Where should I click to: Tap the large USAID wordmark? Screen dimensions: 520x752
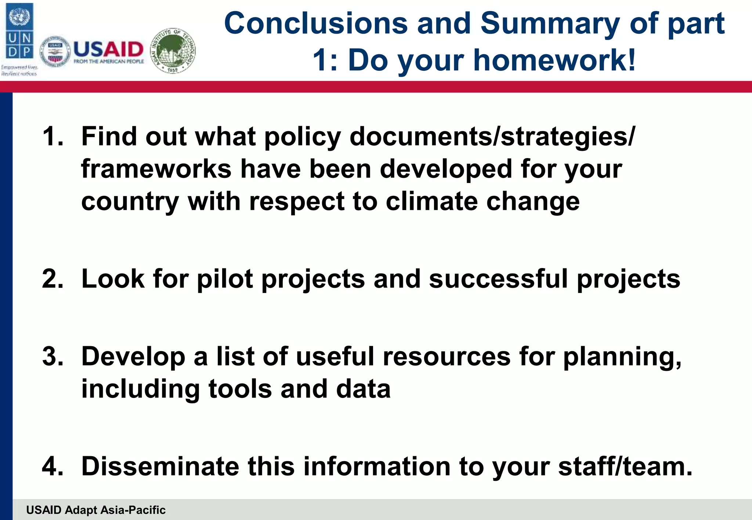[109, 50]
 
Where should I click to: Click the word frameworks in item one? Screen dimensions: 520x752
[156, 169]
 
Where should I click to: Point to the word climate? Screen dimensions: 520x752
[431, 201]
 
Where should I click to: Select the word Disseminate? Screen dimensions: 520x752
[160, 466]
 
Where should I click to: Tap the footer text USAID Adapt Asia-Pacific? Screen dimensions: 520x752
[96, 510]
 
